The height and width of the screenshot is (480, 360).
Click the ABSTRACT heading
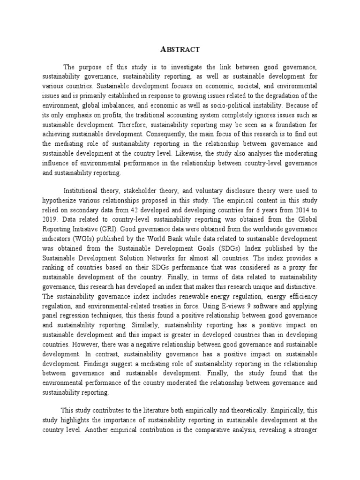[x=180, y=49]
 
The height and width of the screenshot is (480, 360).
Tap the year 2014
[x=294, y=209]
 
